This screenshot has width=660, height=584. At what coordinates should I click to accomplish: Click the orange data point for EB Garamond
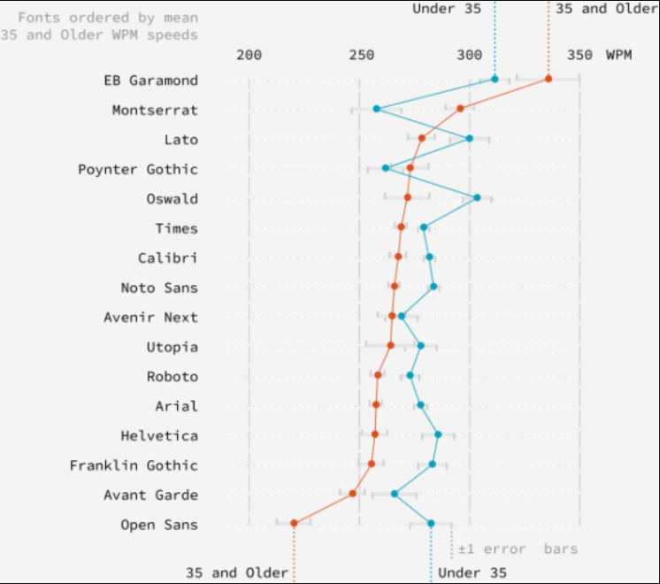[x=549, y=79]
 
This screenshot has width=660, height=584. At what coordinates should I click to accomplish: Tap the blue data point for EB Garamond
[x=495, y=80]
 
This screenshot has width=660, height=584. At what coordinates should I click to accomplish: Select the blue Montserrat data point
[x=376, y=109]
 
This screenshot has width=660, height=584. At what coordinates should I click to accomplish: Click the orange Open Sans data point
[x=294, y=523]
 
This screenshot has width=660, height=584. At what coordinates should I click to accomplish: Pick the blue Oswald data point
[x=477, y=197]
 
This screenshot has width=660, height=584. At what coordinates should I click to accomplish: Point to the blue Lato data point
[x=469, y=138]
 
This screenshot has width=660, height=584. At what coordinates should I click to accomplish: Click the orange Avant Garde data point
[x=352, y=493]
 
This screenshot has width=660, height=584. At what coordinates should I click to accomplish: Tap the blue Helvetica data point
[x=438, y=434]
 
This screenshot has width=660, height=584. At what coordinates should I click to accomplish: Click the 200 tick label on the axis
[x=249, y=55]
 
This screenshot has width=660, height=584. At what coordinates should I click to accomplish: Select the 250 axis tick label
[x=360, y=55]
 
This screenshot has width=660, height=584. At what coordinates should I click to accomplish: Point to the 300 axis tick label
[x=470, y=55]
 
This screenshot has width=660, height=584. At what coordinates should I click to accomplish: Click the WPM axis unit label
[x=618, y=55]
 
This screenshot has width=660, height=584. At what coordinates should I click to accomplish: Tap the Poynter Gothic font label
[x=138, y=169]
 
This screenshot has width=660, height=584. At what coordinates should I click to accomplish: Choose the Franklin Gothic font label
[x=134, y=465]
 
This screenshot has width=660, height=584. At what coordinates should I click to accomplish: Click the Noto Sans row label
[x=159, y=288]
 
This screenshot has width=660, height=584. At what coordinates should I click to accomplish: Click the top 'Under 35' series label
[x=447, y=9]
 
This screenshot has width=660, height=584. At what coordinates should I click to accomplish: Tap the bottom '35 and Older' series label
[x=236, y=572]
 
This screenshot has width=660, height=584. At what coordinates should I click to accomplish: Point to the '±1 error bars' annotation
[x=518, y=549]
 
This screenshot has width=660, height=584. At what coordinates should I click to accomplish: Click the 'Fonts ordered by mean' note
[x=108, y=18]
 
